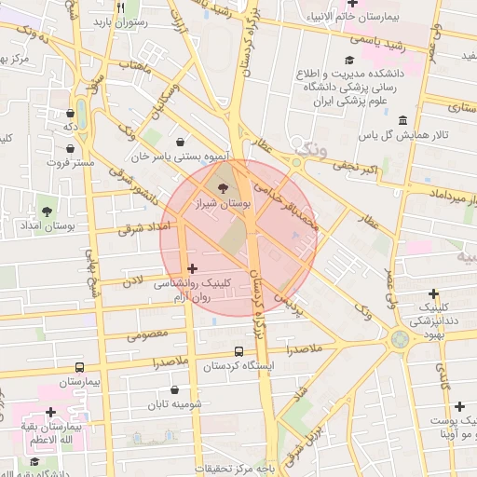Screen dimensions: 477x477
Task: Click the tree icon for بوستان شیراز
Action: point(220,187)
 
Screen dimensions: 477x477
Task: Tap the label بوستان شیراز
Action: point(219,202)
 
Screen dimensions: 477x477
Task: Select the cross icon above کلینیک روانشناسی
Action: point(193,268)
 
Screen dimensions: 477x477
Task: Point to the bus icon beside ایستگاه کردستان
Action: point(239,351)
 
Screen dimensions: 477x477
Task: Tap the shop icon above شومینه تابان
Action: point(175,391)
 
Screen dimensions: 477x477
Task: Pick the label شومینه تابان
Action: point(175,405)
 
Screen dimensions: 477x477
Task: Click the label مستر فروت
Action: point(71,162)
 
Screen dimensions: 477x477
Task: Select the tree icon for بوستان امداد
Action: point(46,211)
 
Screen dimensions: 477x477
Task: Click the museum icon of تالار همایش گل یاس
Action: point(402,121)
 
